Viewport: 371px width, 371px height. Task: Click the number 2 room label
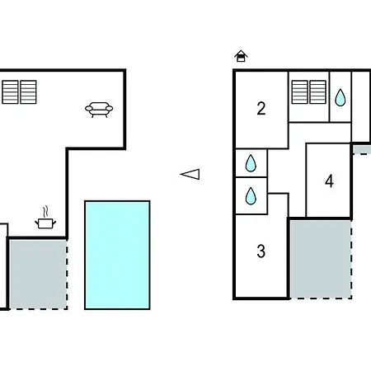point(261,109)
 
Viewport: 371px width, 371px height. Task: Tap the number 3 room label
point(261,251)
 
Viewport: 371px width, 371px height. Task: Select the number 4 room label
point(329,181)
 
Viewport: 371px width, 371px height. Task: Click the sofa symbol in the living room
point(99,110)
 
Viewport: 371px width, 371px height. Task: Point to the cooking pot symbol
point(45,223)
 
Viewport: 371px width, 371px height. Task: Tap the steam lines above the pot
point(46,212)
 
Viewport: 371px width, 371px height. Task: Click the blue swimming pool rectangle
point(117,255)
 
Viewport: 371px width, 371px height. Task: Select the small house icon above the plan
point(241,56)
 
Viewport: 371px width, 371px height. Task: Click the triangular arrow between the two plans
point(190,174)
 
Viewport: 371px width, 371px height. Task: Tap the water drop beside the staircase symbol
point(340,97)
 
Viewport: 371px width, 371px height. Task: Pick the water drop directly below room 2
point(251,163)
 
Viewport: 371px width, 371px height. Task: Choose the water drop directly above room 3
point(251,196)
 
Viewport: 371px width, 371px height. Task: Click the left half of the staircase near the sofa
point(10,92)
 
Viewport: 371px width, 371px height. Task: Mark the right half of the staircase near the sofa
point(28,92)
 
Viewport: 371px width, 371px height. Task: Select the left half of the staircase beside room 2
point(299,92)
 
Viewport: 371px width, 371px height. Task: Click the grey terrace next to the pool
point(38,274)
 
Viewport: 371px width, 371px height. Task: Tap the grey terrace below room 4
point(321,259)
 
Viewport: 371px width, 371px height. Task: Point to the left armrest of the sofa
point(88,109)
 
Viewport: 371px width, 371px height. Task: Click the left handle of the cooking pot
point(37,222)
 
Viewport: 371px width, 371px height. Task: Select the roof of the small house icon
point(241,53)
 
